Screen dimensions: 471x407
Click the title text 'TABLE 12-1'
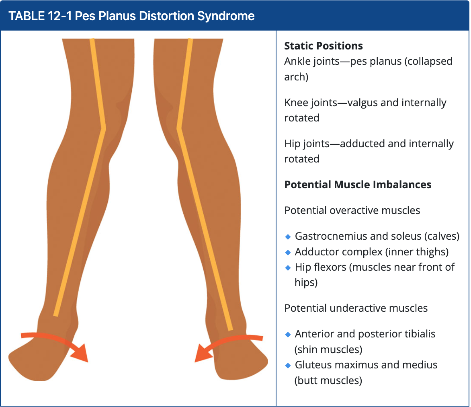35,16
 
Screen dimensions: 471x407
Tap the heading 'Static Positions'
324,46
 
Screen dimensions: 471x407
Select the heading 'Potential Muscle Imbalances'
358,185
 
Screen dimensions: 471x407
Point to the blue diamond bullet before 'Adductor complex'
287,252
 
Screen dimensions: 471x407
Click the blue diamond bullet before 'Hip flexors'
287,267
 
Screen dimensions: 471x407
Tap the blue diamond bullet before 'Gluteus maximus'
287,366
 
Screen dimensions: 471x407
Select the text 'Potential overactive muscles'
352,210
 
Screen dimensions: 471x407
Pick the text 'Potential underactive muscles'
356,308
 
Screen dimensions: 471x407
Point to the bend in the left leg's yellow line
104,129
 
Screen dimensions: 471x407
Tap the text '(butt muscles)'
328,380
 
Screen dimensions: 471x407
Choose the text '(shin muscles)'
328,349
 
